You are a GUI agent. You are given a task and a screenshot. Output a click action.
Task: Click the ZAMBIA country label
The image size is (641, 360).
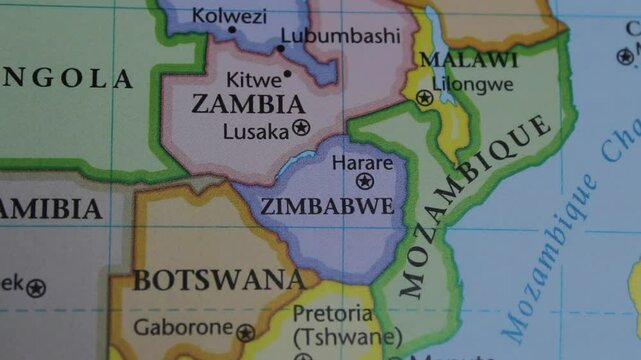pos(248,104)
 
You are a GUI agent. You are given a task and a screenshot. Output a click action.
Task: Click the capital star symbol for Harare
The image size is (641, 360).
pos(365,181)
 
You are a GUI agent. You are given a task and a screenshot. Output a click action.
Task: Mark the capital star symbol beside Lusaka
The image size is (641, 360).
pos(301,128)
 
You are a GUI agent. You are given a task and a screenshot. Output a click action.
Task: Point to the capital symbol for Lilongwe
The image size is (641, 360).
pos(425,98)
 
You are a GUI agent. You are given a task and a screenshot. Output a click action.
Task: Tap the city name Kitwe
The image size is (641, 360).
pos(253,79)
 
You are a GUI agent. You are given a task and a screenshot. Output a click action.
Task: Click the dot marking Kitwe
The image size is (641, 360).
pos(288,73)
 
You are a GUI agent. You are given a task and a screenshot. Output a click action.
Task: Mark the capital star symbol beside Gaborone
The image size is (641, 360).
pos(245,333)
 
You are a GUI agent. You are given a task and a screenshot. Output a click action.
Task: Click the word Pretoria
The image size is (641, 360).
pos(330,314)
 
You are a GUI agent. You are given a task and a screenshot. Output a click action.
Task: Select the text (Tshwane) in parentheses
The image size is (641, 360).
pos(347,337)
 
